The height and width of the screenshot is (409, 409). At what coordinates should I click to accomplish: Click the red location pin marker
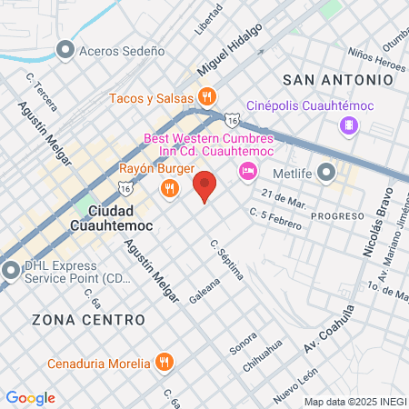tap(205, 186)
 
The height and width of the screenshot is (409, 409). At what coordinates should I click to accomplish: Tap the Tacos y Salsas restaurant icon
tap(207, 97)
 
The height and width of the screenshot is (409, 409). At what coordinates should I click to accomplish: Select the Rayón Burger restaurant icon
tap(168, 188)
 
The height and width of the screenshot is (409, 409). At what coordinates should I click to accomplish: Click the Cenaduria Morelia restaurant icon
tap(164, 364)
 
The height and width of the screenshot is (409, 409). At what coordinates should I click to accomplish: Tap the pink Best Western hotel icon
tap(246, 171)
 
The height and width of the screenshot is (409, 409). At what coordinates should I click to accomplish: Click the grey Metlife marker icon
tap(327, 172)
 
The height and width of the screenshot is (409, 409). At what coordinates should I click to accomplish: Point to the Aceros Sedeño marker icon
tap(65, 50)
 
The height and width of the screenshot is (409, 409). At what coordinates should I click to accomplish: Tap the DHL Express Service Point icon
tap(10, 270)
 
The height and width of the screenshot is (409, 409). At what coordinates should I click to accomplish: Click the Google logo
tap(30, 398)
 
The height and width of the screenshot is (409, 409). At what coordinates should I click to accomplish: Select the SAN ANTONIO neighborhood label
tap(338, 80)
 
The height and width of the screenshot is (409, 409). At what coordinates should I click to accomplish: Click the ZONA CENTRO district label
tap(88, 320)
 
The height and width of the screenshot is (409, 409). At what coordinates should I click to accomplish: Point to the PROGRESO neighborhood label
tap(337, 217)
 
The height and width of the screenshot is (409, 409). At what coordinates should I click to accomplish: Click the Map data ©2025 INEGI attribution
tap(354, 401)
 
